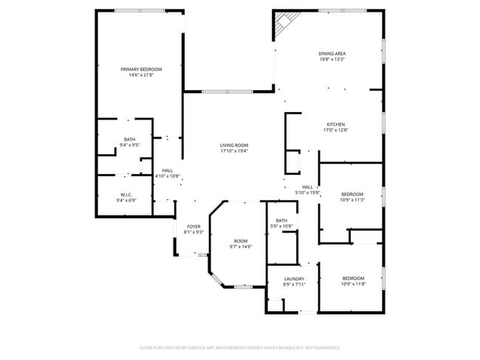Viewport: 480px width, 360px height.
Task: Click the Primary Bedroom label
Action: tap(141, 69)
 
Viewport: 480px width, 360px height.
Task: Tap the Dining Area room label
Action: tap(332, 54)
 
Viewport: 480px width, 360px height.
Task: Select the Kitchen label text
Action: tap(336, 124)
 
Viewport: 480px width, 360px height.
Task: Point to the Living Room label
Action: tap(233, 145)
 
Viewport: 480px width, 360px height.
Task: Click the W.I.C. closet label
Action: tap(125, 195)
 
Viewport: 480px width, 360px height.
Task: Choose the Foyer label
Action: tap(193, 226)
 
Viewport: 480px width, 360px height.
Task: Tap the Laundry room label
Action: tap(294, 279)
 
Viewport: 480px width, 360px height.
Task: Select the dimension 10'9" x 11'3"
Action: tap(353, 200)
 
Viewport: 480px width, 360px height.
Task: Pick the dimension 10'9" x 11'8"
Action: tap(353, 284)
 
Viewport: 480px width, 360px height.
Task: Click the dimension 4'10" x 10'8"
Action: tap(168, 176)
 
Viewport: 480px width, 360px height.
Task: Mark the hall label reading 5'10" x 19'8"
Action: tap(307, 193)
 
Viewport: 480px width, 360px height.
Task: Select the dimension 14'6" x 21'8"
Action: tap(141, 75)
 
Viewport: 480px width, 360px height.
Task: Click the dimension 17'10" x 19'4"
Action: tap(233, 151)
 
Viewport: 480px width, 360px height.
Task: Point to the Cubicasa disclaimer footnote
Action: tap(240, 347)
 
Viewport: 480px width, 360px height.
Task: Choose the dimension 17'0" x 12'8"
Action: tap(336, 130)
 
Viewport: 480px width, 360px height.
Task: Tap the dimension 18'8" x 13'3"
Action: tap(332, 60)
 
